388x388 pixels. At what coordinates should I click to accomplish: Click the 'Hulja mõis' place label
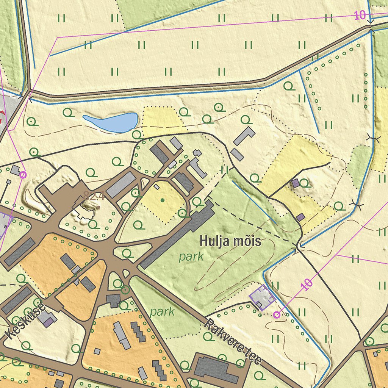coord(230,241)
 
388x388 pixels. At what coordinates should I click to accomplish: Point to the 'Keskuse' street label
coord(26,320)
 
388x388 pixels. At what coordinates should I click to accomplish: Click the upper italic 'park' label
coord(191,257)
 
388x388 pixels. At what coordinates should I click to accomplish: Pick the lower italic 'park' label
coord(162,312)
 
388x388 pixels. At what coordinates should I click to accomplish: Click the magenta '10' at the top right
coord(360,16)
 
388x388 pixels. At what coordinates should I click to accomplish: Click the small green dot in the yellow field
coord(163,200)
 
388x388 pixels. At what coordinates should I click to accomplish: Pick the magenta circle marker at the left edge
coord(23,175)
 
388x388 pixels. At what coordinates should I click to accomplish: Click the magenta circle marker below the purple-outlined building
coord(277,314)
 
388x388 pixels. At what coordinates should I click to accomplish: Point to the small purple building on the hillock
coord(296,184)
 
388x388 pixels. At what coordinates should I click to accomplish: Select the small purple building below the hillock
coord(300,217)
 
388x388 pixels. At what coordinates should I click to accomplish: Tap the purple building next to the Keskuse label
coord(49,322)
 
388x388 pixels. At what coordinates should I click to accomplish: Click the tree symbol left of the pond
coord(68,112)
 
